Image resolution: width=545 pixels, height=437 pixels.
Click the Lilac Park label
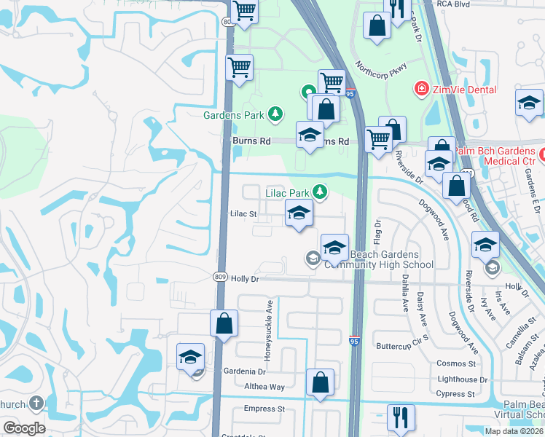coord(287,193)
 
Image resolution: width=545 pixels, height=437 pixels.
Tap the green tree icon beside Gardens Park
coord(275,114)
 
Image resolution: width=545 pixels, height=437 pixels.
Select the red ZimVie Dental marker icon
coord(420,90)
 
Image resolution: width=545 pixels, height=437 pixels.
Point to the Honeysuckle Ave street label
coord(268,329)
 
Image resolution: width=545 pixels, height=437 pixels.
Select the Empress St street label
coord(264,409)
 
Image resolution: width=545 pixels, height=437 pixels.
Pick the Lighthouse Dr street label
coord(462,379)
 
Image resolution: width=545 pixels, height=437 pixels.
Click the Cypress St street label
coord(456,394)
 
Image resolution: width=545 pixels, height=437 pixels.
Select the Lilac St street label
coord(243,214)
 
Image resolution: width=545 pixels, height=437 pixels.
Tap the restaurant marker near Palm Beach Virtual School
coord(400,419)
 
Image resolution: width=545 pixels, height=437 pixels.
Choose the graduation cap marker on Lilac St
coord(298,215)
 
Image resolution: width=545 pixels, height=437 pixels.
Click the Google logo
coord(24,428)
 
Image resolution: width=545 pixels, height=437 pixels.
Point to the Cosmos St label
coord(456,363)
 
